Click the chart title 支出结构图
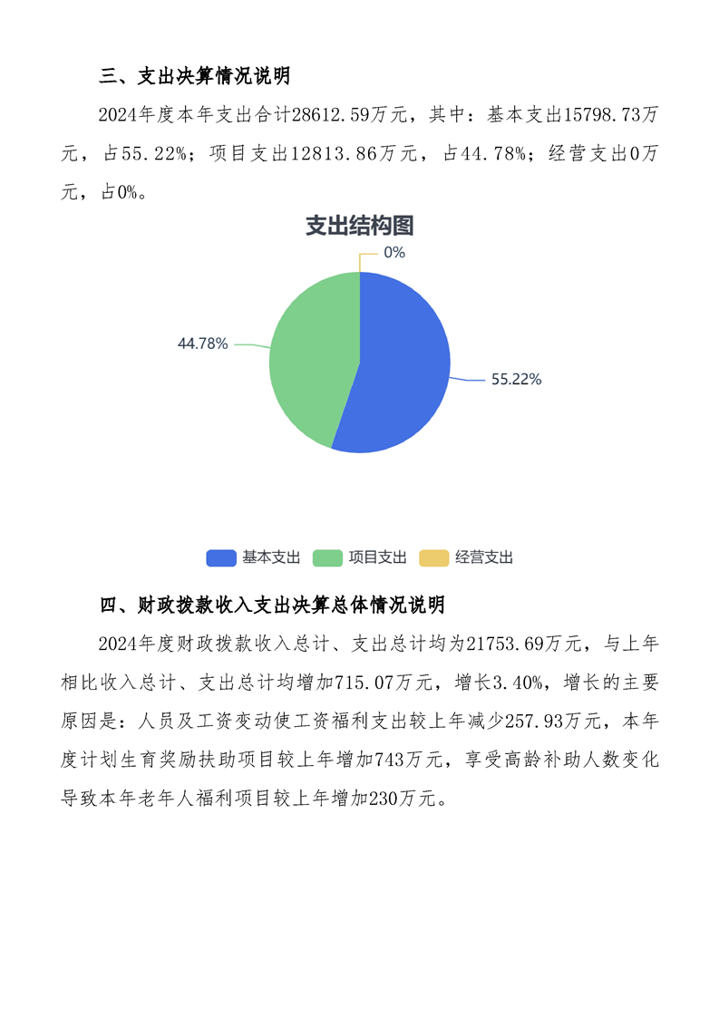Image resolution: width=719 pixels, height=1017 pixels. pos(359,226)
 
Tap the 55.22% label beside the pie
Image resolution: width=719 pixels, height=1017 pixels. pos(516,380)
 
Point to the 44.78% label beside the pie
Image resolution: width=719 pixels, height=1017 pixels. pos(202,344)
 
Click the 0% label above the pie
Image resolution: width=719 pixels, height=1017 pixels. pos(394,253)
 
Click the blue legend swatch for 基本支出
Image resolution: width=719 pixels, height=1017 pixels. pos(221,558)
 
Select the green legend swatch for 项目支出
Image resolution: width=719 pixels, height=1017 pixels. pos(327,558)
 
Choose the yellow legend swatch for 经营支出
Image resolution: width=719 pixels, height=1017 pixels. pos(433,558)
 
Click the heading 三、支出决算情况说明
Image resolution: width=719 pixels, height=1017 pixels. pos(194,76)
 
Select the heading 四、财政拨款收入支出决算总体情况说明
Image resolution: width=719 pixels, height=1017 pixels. pos(272,605)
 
